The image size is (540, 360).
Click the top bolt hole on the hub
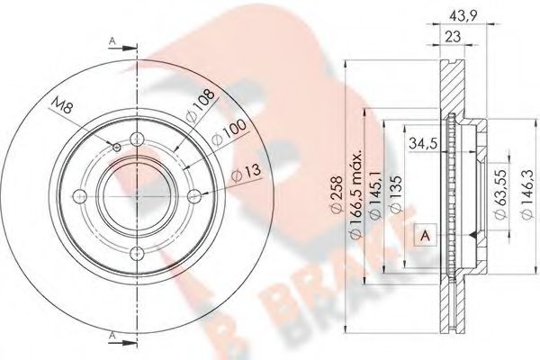(134, 139)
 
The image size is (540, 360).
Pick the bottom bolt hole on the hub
(134, 254)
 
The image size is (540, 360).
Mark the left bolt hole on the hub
(77, 196)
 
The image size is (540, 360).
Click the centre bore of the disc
(134, 196)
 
